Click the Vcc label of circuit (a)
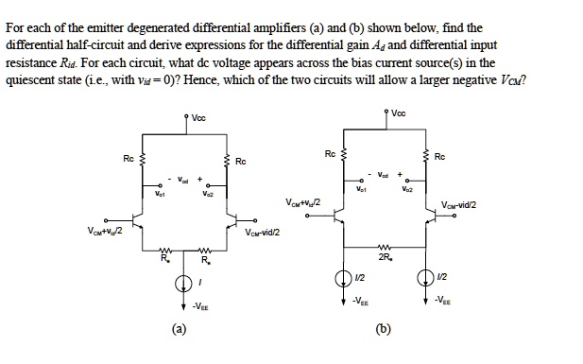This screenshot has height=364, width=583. click(x=197, y=118)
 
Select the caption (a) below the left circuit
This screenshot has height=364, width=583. click(x=179, y=329)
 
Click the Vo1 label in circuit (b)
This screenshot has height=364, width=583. click(x=362, y=189)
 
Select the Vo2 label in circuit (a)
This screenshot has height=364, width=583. click(x=205, y=193)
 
